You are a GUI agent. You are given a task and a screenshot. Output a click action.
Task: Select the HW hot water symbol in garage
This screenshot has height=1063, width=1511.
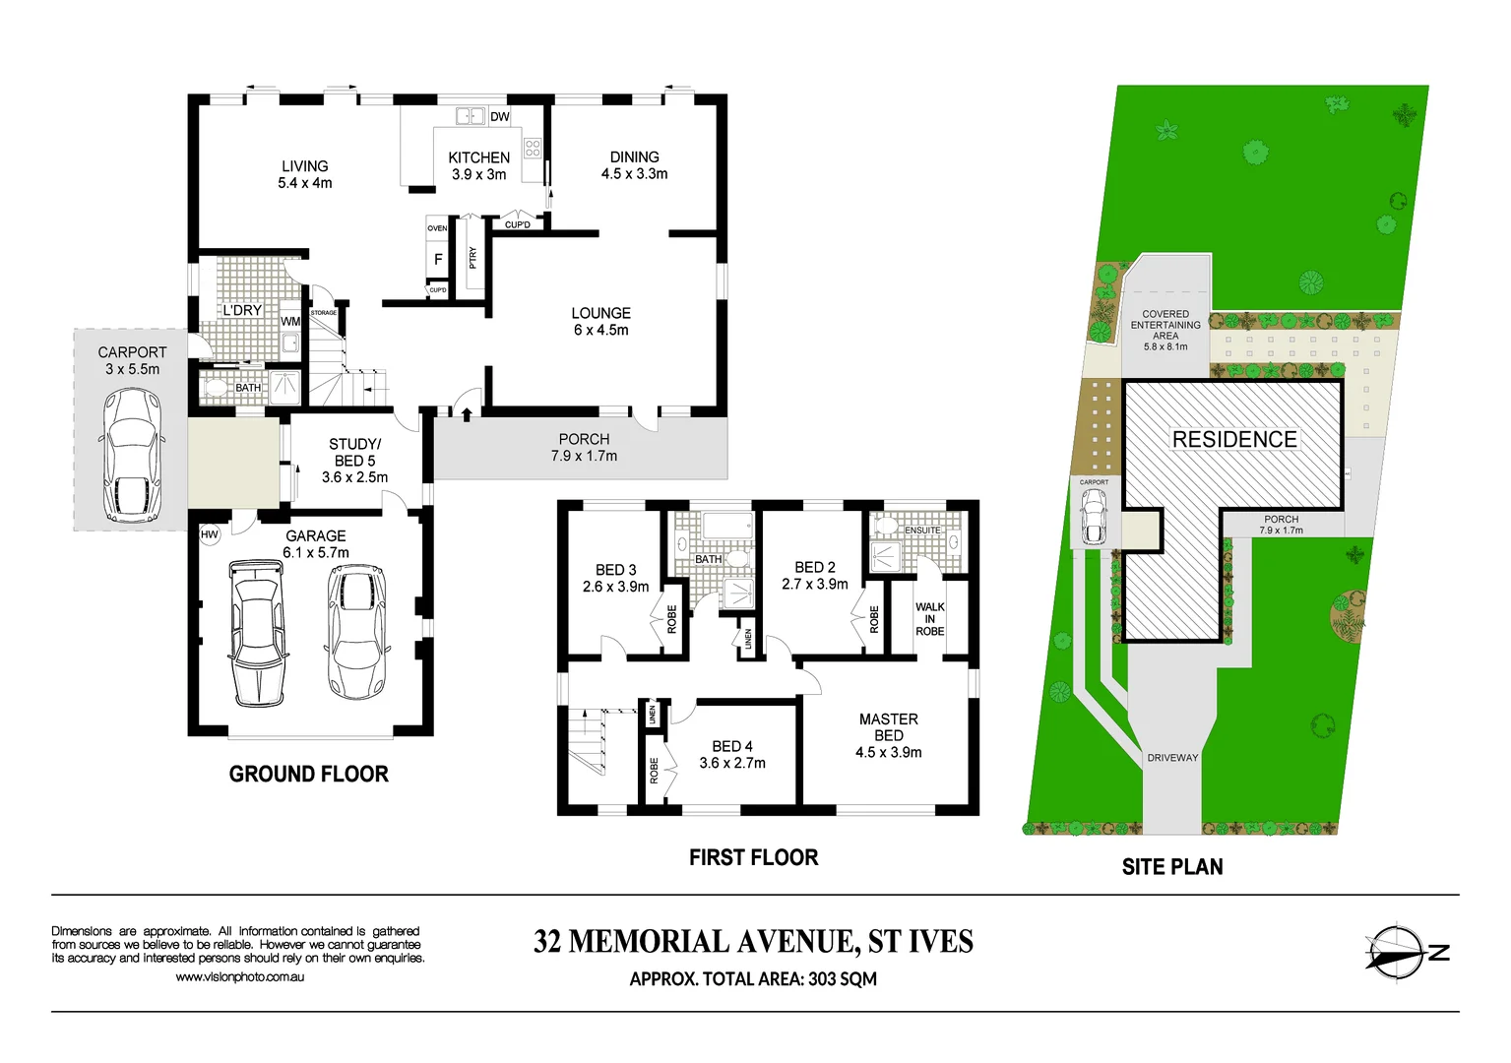[x=209, y=535]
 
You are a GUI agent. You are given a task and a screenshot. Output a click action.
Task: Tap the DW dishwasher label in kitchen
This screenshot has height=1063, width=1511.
[x=500, y=117]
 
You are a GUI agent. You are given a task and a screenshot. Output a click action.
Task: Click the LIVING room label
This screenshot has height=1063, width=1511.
[x=305, y=174]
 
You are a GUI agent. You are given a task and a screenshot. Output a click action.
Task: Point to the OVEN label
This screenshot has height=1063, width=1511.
[x=437, y=228]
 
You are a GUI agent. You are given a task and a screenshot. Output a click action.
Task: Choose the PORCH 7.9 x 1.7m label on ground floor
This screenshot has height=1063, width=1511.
[x=584, y=448]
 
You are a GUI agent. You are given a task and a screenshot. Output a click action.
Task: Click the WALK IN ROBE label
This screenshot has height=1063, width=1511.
[x=929, y=619]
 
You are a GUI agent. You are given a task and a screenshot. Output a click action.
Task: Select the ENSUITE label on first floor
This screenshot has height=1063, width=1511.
[x=922, y=531]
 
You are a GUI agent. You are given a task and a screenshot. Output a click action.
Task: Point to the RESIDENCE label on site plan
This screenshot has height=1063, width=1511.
[x=1234, y=440]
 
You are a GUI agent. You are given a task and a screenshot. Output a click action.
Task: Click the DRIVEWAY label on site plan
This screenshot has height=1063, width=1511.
[x=1172, y=758]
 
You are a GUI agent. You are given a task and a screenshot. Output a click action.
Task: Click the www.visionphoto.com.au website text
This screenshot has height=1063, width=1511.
[x=239, y=977]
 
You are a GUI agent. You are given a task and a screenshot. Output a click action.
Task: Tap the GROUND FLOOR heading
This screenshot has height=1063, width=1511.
[x=308, y=775]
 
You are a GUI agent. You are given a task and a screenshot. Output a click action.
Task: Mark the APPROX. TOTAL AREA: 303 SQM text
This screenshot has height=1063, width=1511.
[x=753, y=979]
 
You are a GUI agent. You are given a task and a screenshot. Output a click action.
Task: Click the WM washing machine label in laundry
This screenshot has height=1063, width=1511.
[x=290, y=322]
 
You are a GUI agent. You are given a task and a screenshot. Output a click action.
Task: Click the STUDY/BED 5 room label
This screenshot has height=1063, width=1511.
[x=354, y=461]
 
